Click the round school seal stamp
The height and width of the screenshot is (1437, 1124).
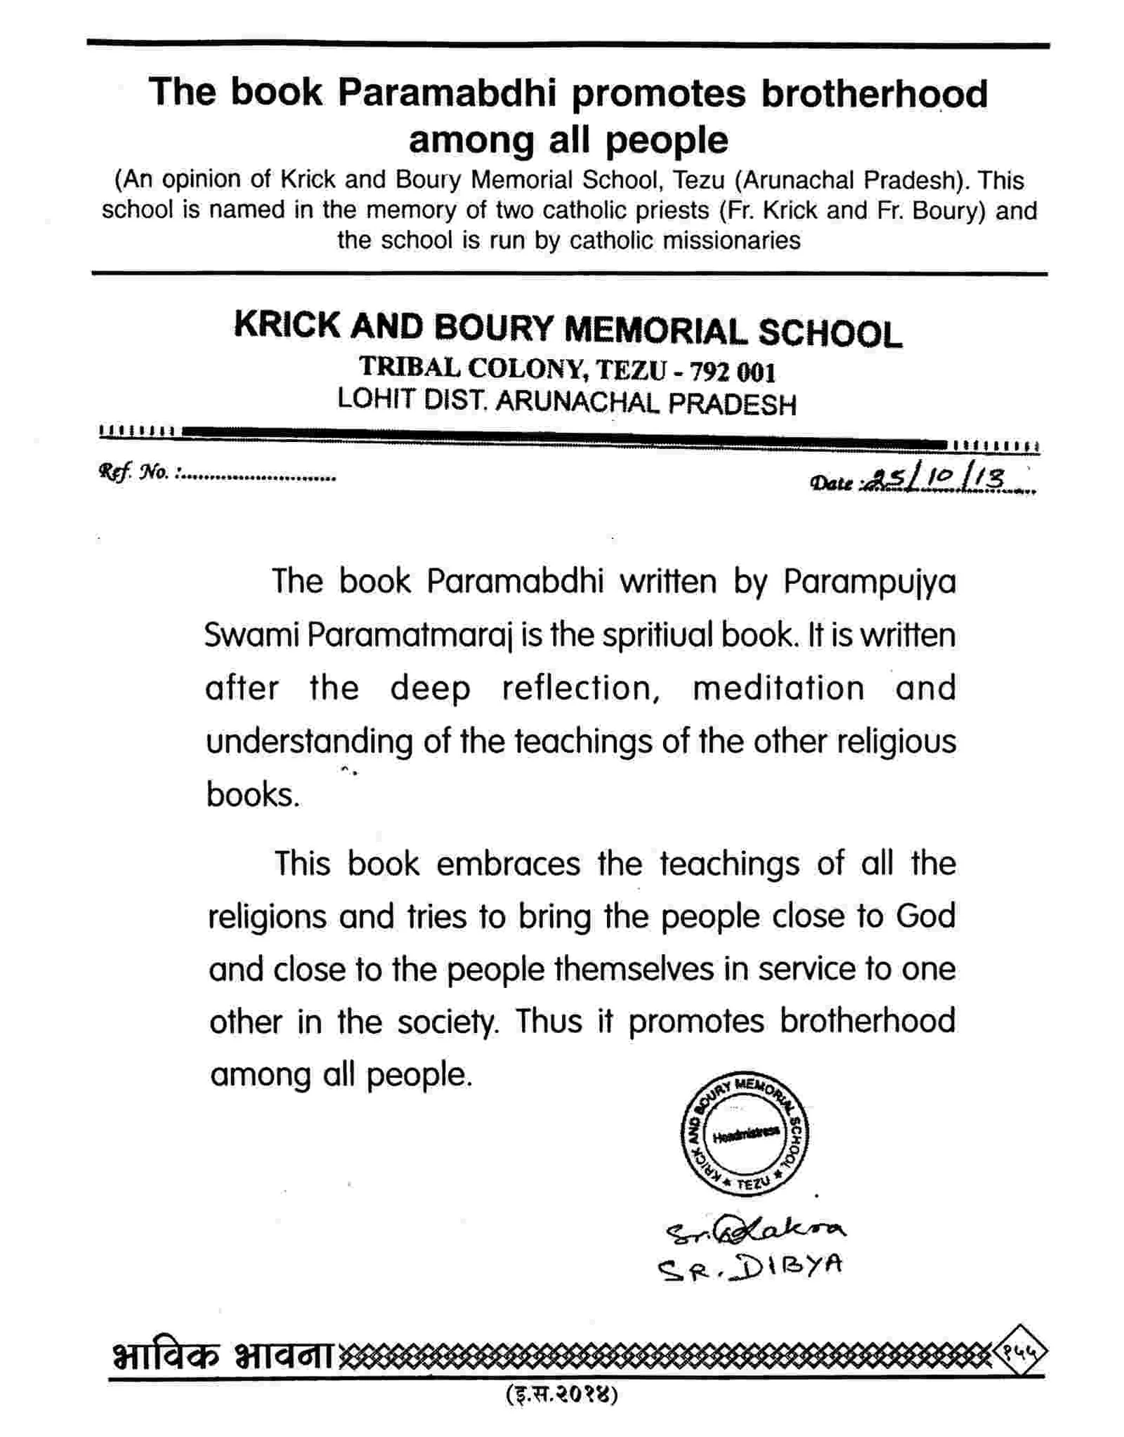pos(745,1134)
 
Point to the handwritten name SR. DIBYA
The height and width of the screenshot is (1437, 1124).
pos(749,1266)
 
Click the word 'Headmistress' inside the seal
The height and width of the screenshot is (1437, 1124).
pos(745,1135)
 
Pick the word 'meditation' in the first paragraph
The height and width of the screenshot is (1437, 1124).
pos(778,688)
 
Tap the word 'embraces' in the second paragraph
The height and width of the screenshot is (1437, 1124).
pos(508,864)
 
